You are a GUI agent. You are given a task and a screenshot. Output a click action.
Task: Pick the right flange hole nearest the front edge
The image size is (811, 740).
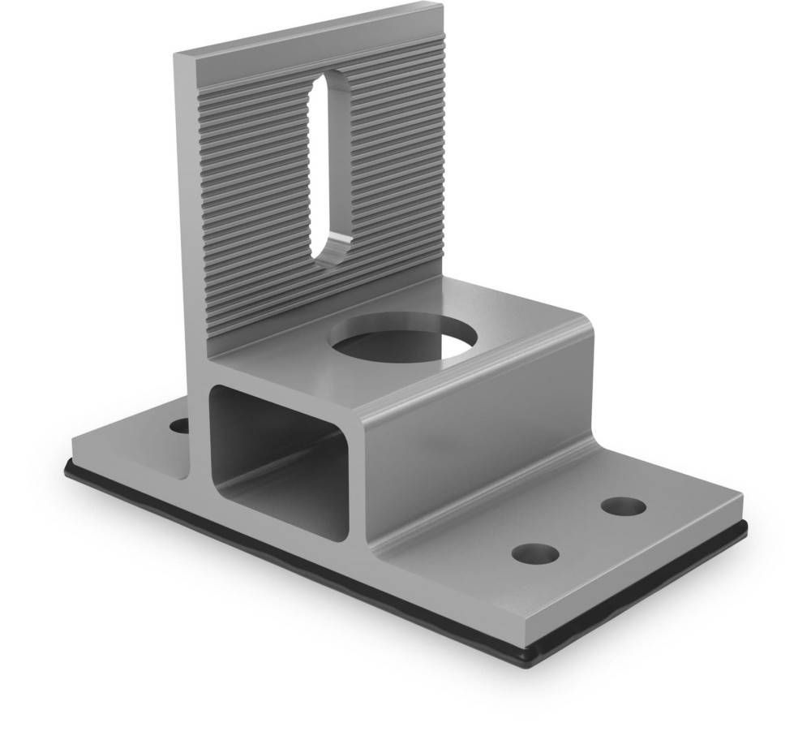535,553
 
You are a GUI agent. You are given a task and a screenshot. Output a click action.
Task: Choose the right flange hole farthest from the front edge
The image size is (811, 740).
624,506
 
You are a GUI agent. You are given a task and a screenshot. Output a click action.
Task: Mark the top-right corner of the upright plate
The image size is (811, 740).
441,6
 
